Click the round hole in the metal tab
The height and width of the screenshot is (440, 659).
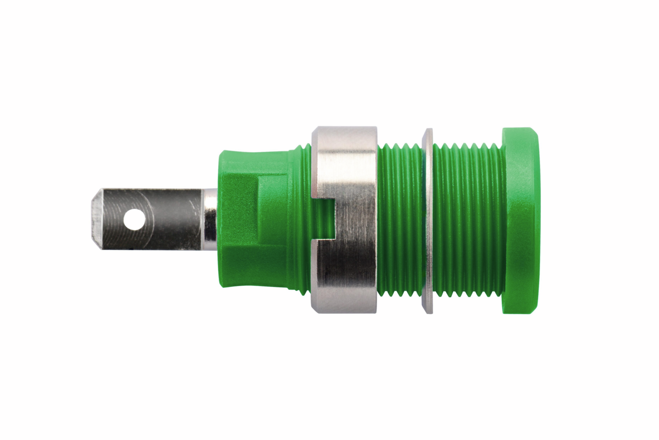point(134,219)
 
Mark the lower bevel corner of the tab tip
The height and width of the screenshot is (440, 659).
point(97,246)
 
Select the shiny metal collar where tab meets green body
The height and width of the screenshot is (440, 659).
point(210,219)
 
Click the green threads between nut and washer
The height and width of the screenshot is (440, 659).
point(400,219)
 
